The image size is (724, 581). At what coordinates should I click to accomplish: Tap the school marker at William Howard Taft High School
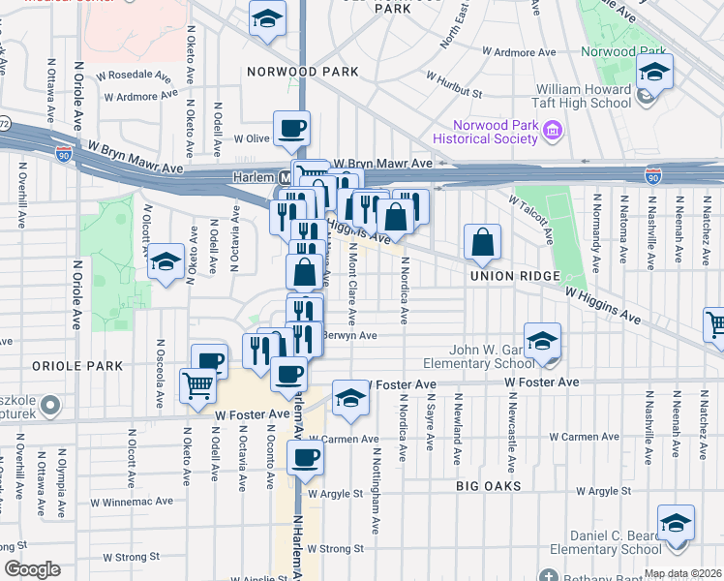[655, 74]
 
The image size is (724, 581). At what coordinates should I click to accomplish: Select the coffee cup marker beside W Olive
[291, 128]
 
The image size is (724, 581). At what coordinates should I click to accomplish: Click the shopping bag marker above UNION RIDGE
[482, 242]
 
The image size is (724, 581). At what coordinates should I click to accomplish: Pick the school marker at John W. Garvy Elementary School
[543, 342]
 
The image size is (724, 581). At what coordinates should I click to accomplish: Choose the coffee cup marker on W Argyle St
[306, 458]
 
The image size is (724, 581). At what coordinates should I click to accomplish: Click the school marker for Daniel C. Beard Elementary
[676, 525]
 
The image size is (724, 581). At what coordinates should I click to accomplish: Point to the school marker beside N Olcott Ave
[166, 262]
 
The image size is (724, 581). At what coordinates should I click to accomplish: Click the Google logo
[32, 569]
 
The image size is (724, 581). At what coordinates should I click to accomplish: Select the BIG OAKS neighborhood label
[490, 486]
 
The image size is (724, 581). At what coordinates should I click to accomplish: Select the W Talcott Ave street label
[530, 219]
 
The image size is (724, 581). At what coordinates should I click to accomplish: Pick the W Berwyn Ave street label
[347, 335]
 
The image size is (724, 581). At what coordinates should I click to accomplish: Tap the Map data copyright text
[682, 573]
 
